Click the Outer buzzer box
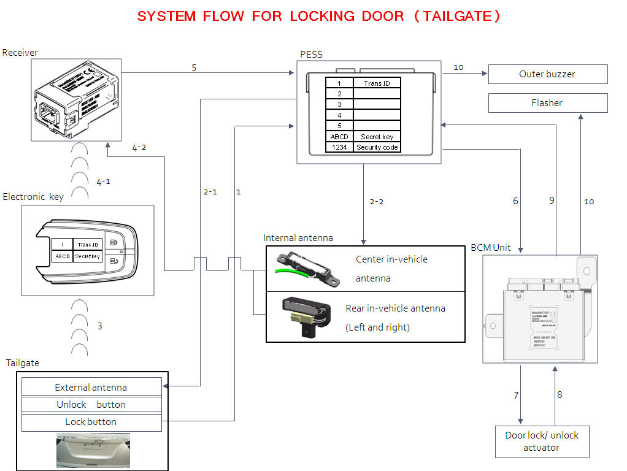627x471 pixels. click(547, 74)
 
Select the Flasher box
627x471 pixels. click(547, 103)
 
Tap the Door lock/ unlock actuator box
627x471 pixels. click(542, 442)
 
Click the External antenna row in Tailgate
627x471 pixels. click(91, 387)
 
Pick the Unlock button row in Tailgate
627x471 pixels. click(91, 405)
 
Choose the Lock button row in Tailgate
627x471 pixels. click(91, 422)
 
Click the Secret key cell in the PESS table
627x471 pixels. click(377, 137)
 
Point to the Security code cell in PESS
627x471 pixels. click(377, 147)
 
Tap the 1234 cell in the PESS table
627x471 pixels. click(339, 147)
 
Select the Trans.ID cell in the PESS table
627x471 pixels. click(377, 83)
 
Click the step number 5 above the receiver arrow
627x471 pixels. click(194, 67)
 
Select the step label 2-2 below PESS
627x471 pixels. click(376, 202)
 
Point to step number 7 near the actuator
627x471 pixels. click(516, 396)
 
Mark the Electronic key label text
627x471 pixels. click(33, 197)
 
